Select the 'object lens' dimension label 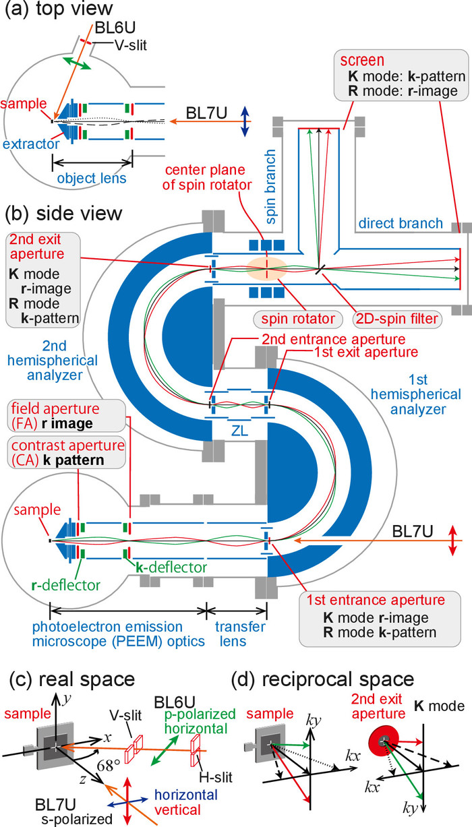[x=92, y=179]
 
